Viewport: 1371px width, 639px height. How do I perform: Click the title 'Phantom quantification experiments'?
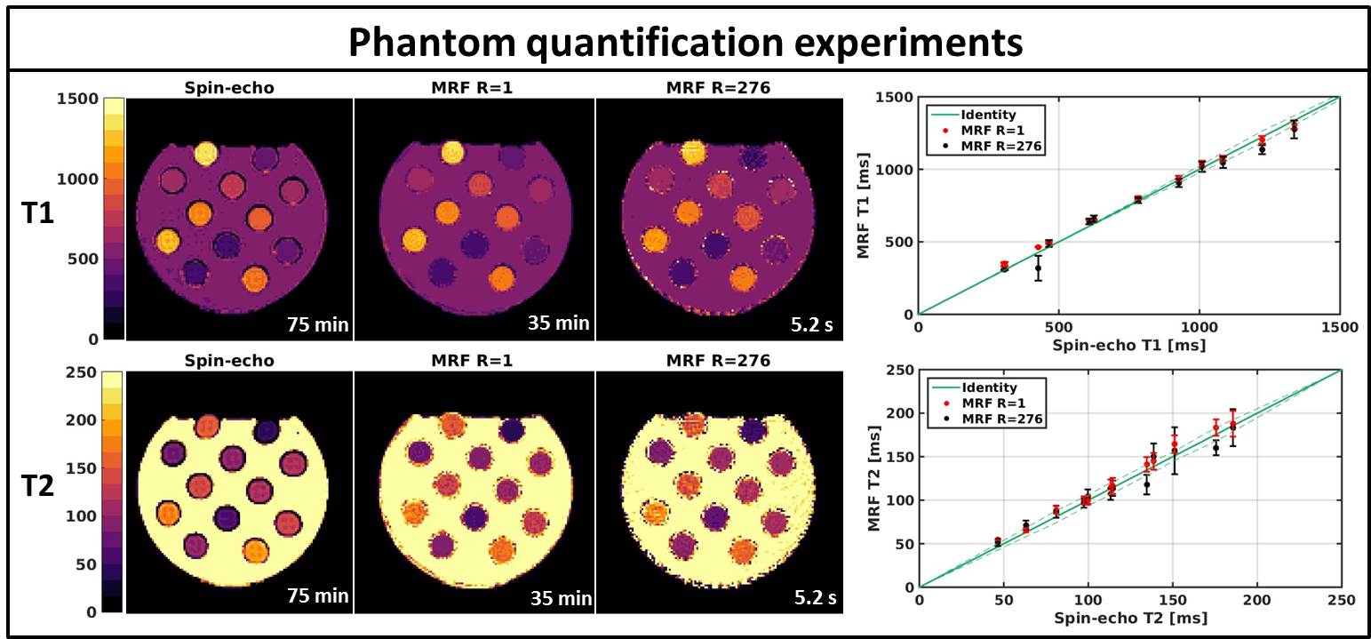(x=684, y=41)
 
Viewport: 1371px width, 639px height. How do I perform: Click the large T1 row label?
(x=37, y=216)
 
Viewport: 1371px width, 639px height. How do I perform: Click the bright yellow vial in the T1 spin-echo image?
(x=205, y=154)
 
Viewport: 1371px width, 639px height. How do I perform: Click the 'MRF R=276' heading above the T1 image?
(x=715, y=88)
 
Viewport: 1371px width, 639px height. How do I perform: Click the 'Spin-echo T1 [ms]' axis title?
(x=1128, y=344)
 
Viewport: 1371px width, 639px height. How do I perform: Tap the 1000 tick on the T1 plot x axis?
(x=1199, y=326)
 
